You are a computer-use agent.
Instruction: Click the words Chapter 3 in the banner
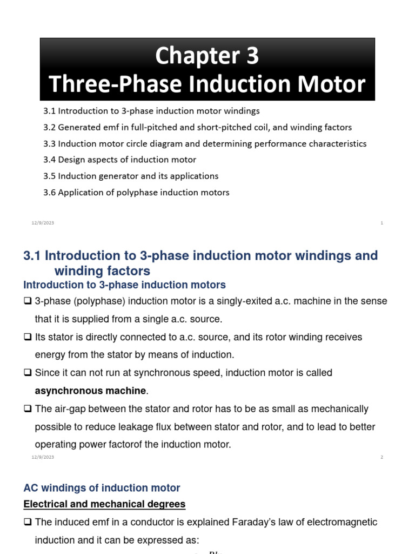click(207, 56)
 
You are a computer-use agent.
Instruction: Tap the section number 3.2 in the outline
click(49, 128)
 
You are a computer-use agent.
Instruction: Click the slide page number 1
click(381, 223)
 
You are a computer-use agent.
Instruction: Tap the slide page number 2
click(381, 457)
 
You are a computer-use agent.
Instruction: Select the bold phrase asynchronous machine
click(91, 391)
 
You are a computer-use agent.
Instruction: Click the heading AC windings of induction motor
click(102, 488)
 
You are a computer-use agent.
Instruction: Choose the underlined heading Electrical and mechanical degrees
click(104, 504)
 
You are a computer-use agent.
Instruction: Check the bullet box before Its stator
click(28, 337)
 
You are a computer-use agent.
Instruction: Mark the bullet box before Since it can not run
click(28, 373)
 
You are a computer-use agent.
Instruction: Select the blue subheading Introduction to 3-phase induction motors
click(124, 285)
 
